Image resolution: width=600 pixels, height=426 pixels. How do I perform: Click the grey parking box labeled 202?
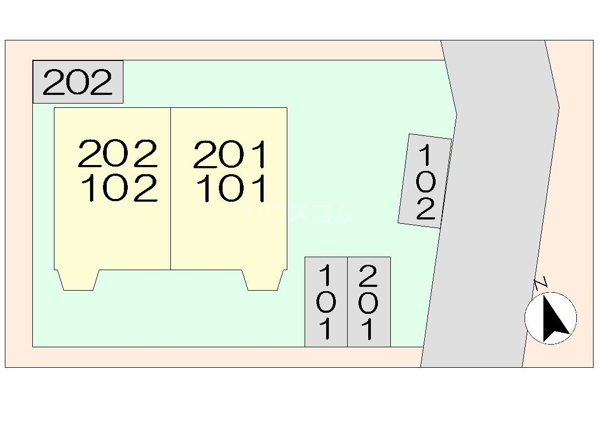(78, 82)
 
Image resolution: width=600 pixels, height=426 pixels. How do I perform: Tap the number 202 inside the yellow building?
(118, 154)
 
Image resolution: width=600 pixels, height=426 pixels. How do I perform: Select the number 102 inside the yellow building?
(119, 188)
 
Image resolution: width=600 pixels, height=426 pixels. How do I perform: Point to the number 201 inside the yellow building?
(230, 154)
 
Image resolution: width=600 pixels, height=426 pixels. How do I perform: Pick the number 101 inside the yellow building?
(232, 188)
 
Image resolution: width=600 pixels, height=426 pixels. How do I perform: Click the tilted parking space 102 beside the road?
(425, 181)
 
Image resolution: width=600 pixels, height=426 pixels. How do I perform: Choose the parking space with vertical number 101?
(326, 302)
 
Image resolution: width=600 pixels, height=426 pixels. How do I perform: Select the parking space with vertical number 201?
(368, 302)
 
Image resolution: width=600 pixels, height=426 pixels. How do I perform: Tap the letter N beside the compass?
(541, 283)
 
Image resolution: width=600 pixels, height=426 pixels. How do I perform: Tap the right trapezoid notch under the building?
(263, 280)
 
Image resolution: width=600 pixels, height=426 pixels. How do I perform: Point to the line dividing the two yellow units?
(171, 189)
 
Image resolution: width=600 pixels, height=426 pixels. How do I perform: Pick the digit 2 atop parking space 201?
(368, 276)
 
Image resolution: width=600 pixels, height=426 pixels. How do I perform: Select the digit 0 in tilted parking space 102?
(426, 183)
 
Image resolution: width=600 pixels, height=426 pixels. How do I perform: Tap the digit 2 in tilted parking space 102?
(425, 209)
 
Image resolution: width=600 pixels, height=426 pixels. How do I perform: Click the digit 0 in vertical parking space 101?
(326, 303)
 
